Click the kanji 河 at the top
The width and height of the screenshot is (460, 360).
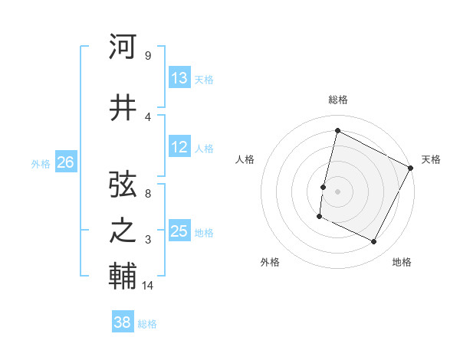[x=123, y=47]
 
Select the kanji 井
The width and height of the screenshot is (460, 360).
[x=123, y=109]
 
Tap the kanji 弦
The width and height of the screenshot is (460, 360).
[x=123, y=185]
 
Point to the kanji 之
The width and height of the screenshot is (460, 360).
[x=123, y=231]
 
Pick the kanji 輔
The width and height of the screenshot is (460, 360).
[x=123, y=275]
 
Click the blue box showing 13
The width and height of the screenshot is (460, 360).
[x=179, y=78]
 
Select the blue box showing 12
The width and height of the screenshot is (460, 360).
[x=179, y=147]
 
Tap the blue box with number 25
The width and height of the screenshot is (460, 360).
[x=179, y=231]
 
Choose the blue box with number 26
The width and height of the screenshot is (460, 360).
[x=65, y=162]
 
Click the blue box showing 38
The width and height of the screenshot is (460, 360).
[x=123, y=322]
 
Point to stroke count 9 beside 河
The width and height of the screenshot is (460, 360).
[x=147, y=56]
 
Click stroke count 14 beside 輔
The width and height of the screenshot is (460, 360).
[x=148, y=285]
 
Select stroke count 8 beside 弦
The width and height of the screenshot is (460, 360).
[x=147, y=194]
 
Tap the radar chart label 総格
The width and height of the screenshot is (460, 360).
[x=337, y=100]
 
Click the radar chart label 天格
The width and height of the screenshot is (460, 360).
[x=431, y=159]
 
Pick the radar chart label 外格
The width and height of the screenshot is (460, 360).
[x=270, y=262]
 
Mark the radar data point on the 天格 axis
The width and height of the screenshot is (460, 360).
[x=411, y=168]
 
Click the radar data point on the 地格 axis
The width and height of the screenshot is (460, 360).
[x=373, y=242]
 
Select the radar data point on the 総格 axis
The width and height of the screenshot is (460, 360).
[x=337, y=130]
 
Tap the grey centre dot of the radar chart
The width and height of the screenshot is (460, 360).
[x=337, y=191]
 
